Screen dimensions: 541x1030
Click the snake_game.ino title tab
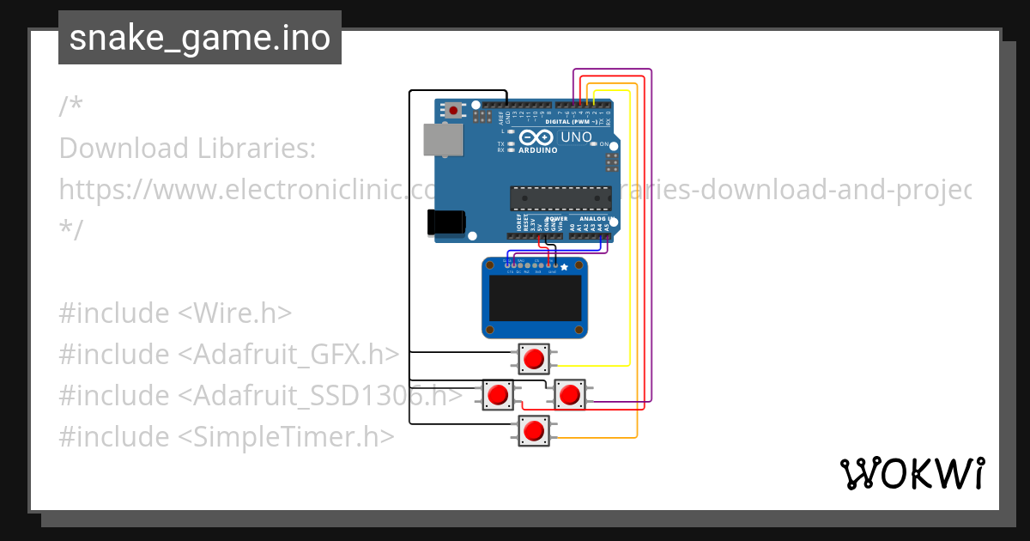coord(199,38)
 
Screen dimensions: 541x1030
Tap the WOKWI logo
coord(912,473)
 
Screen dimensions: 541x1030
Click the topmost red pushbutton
coord(534,358)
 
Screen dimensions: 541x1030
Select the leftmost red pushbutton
coord(498,395)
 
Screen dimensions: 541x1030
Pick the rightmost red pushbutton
coord(569,395)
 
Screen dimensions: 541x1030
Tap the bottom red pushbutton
coord(534,430)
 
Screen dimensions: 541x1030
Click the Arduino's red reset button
coord(452,110)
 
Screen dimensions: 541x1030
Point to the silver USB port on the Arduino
coord(443,140)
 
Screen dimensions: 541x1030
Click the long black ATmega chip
coord(560,198)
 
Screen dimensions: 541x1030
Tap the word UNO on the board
coord(576,137)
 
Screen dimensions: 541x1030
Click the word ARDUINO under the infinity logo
coord(538,150)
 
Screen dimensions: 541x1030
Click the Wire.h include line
coord(175,313)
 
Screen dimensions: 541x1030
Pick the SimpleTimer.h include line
coord(227,436)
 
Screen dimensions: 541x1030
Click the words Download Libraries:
coord(187,149)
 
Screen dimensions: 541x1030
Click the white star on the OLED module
coord(564,268)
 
